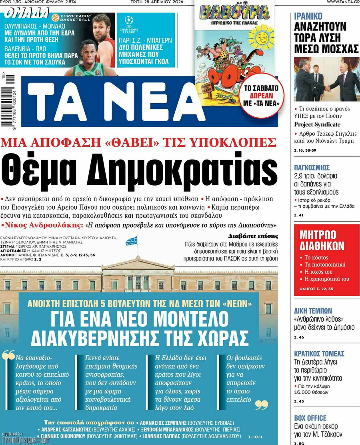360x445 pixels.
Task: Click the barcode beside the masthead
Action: [6, 102]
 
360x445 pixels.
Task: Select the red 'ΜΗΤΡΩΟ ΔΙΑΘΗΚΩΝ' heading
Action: [318, 240]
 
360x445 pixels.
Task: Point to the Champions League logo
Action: [129, 24]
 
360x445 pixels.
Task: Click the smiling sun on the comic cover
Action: [263, 39]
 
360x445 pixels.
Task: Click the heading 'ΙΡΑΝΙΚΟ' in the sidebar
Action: [308, 16]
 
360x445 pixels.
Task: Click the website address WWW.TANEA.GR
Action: [343, 2]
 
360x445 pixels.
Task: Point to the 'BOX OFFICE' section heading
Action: [310, 418]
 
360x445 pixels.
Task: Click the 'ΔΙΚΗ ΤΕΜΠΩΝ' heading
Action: [313, 311]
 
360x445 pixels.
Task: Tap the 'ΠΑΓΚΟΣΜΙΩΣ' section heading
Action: [312, 168]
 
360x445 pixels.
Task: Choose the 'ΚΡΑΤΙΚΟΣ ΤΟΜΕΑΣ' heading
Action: [319, 354]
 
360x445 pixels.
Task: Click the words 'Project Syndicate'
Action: [317, 124]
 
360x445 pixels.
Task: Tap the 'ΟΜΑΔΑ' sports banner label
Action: [26, 13]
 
